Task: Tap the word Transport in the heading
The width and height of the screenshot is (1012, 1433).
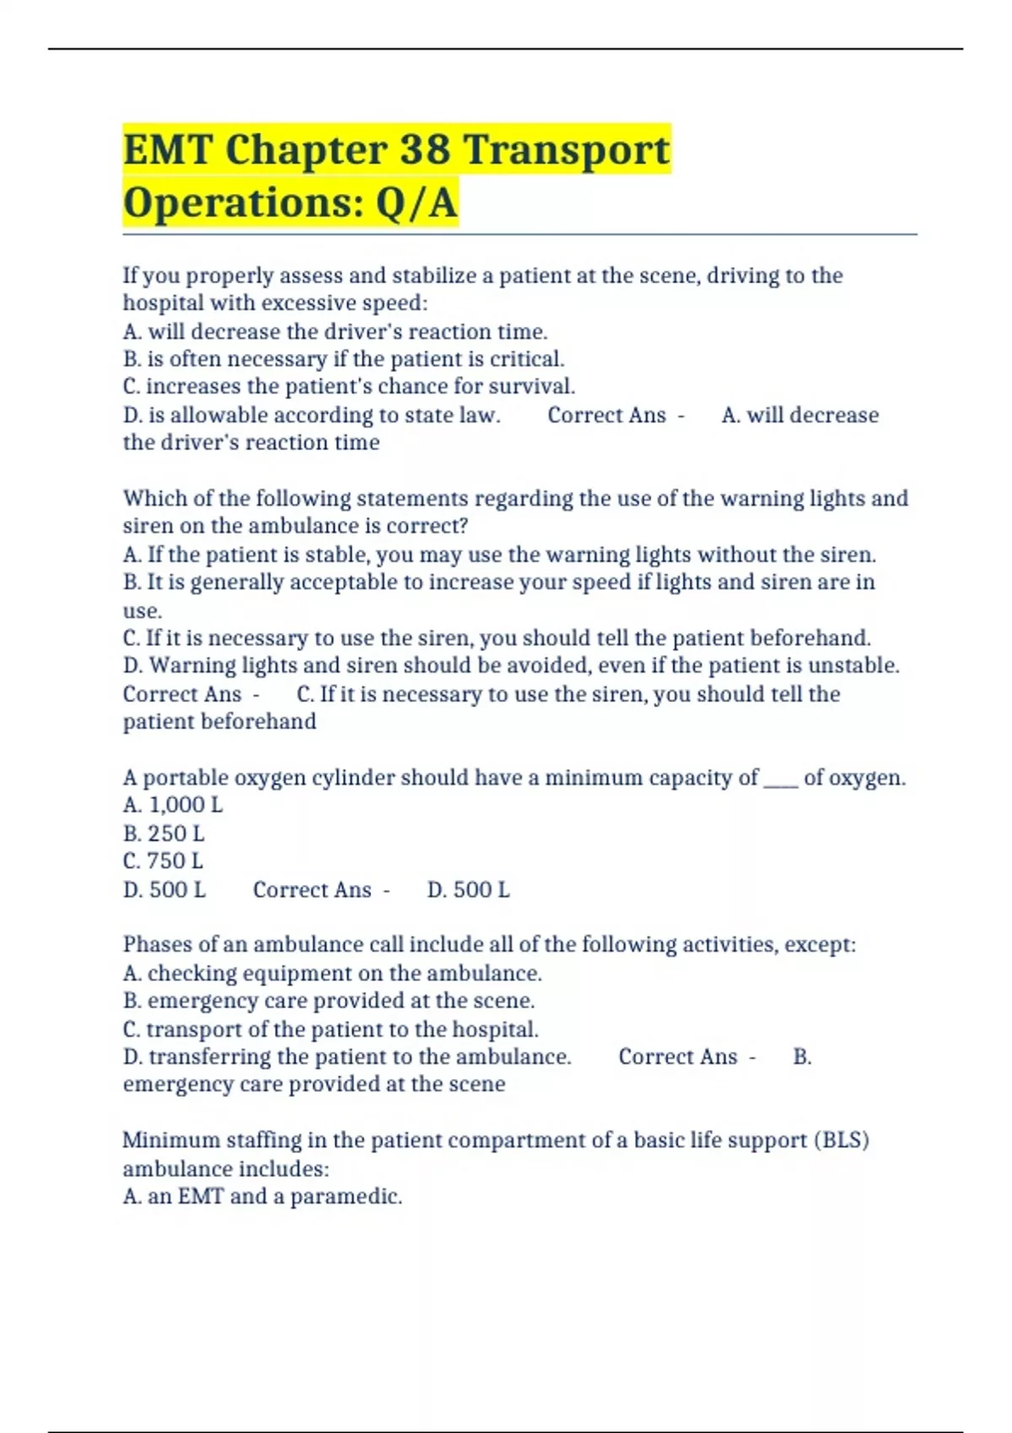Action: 567,150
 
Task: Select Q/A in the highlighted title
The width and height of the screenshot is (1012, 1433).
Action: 417,203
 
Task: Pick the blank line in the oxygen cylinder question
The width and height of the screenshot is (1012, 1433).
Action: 781,778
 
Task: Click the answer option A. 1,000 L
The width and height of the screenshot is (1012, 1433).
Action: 173,806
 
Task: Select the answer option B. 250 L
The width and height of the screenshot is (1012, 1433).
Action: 164,834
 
